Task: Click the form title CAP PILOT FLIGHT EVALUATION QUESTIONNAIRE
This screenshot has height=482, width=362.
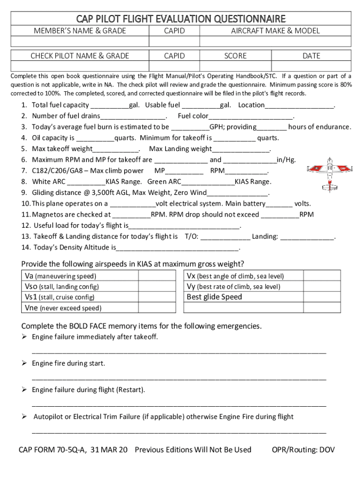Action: coord(181,19)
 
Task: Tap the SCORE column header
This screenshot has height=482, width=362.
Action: coord(235,56)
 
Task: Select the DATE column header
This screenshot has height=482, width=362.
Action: coord(311,56)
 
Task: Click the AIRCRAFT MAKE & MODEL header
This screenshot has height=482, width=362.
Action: coord(275,31)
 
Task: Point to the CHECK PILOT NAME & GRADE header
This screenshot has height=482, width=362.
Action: coord(79,56)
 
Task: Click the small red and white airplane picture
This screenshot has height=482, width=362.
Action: coord(328,175)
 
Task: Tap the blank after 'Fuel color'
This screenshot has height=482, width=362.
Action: coord(251,116)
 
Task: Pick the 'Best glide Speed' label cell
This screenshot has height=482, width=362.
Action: coord(214,297)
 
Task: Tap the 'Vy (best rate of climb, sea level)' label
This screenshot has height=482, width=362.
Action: coord(234,287)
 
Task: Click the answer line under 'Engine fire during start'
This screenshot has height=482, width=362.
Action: coord(179,378)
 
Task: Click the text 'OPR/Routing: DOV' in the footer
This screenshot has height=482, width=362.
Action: coord(303,450)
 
